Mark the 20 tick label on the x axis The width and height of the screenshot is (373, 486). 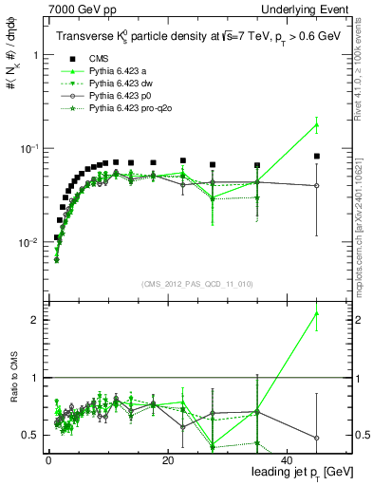click(x=167, y=459)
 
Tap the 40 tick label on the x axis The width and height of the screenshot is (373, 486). click(x=287, y=459)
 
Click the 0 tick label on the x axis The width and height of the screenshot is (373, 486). click(x=48, y=459)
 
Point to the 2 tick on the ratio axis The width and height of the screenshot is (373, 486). click(x=36, y=320)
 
